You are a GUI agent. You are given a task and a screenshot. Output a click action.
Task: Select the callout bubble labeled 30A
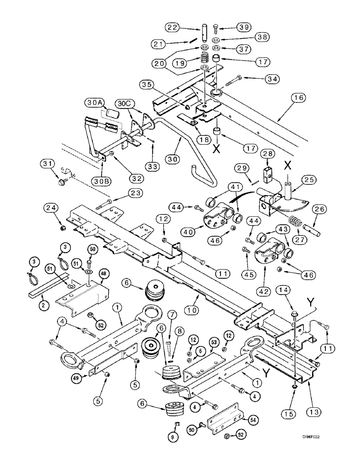[94, 102]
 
